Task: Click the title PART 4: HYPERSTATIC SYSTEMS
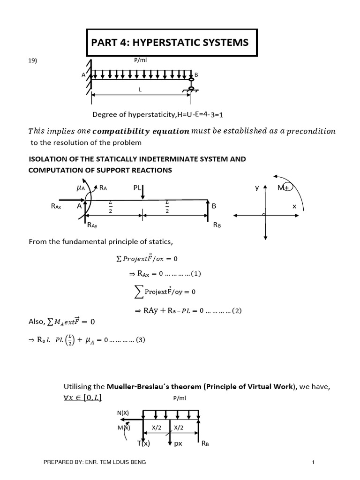click(x=171, y=43)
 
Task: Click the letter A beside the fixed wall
click(x=83, y=75)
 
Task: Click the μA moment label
click(x=81, y=187)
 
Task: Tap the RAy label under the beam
click(x=92, y=225)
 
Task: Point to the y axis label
click(x=257, y=187)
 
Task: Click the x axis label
click(x=295, y=206)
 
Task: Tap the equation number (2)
click(x=236, y=310)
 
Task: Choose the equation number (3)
click(x=139, y=340)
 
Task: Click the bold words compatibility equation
click(x=141, y=131)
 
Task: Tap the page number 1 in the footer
click(x=312, y=463)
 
